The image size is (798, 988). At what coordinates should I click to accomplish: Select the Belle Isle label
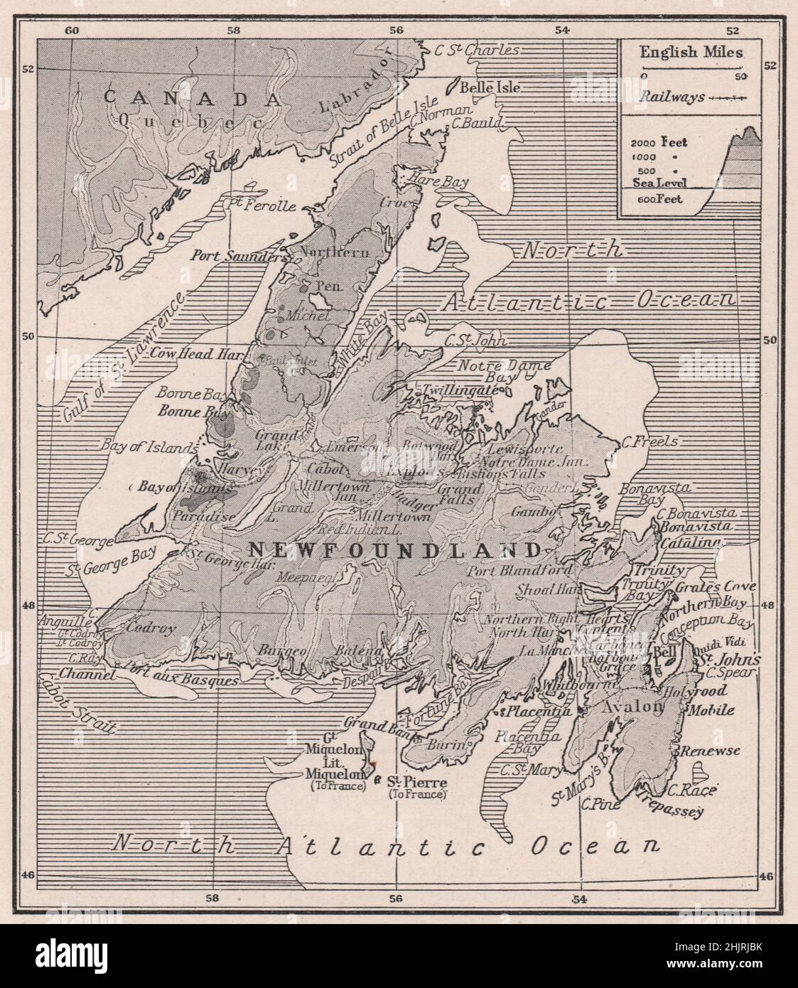tap(491, 88)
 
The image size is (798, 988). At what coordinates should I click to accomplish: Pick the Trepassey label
tap(669, 803)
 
